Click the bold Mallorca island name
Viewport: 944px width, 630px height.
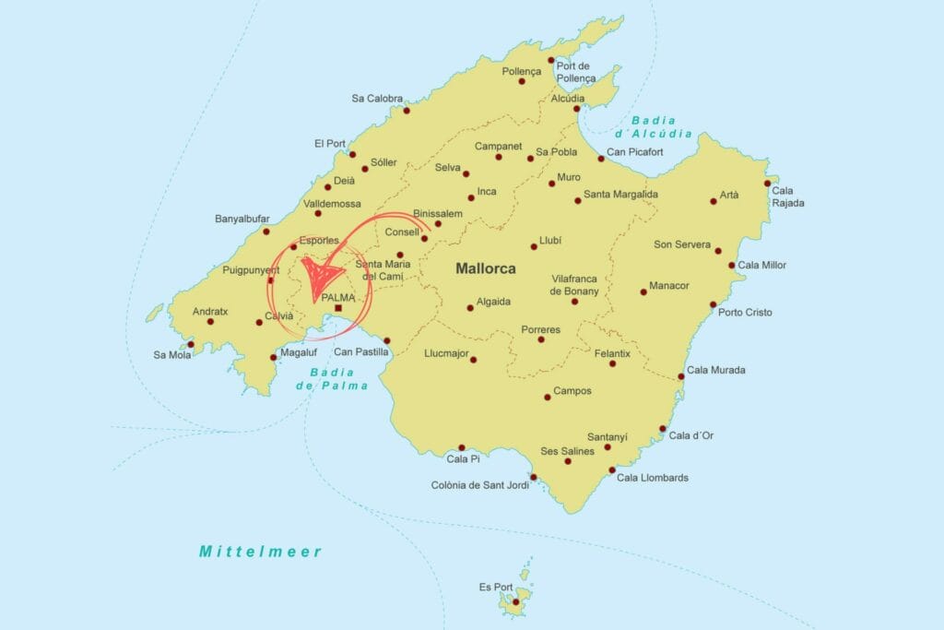pyautogui.click(x=485, y=269)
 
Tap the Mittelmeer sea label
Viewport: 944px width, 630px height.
pyautogui.click(x=261, y=552)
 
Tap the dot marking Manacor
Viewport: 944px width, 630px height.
pyautogui.click(x=643, y=291)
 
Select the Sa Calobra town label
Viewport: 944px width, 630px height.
pyautogui.click(x=377, y=99)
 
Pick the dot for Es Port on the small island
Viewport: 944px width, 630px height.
pyautogui.click(x=516, y=602)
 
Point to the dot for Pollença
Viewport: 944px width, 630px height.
pyautogui.click(x=522, y=81)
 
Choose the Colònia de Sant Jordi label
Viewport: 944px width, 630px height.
pyautogui.click(x=479, y=485)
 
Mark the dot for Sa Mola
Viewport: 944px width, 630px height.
pyautogui.click(x=191, y=344)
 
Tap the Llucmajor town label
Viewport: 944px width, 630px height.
pyautogui.click(x=446, y=352)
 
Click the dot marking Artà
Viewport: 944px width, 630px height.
pyautogui.click(x=713, y=200)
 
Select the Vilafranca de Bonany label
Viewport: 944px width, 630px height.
pyautogui.click(x=575, y=284)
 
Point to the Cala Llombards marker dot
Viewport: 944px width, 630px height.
pyautogui.click(x=613, y=470)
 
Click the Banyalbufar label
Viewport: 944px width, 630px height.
pyautogui.click(x=242, y=219)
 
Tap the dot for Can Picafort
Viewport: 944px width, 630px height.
pyautogui.click(x=600, y=159)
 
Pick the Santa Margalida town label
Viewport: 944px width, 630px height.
pyautogui.click(x=620, y=195)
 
